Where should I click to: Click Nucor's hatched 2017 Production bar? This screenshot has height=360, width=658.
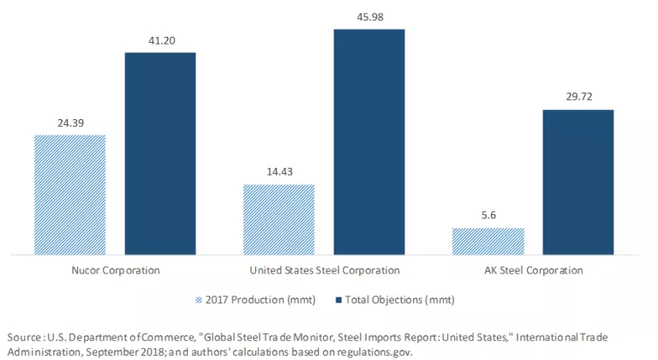pos(69,195)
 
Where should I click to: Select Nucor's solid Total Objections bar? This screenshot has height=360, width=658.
pos(160,153)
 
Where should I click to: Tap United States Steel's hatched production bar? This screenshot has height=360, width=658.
pos(278,219)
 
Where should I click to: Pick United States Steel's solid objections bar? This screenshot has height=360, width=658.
pos(368,141)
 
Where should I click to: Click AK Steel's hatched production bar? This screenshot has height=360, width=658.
pos(488,242)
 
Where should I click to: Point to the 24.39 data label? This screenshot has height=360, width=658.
pos(69,123)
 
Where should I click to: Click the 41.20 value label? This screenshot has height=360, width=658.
pos(160,40)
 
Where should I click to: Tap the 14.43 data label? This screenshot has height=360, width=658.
pos(278,172)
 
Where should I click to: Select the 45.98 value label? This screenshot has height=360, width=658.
pos(368,17)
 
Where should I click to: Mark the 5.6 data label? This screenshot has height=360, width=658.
pos(488,216)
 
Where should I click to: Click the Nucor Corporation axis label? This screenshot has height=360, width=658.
pos(117,270)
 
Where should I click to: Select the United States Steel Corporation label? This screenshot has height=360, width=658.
pos(325,270)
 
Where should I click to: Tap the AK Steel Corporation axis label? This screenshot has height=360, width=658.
pos(533,270)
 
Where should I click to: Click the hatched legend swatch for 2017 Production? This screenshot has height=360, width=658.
pos(200,299)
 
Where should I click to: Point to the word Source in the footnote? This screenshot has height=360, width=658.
pos(22,336)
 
